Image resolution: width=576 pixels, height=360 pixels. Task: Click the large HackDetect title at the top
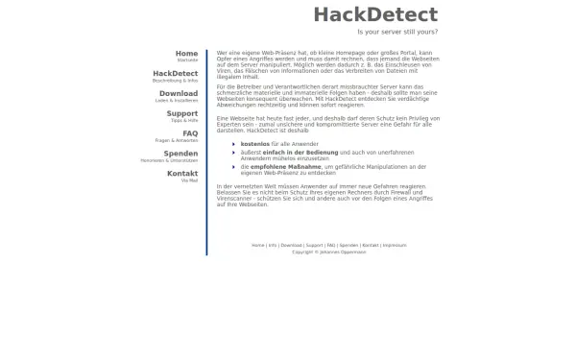(374, 15)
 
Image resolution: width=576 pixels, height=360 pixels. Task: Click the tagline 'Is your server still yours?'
(396, 32)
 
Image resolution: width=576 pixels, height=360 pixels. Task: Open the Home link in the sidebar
(186, 54)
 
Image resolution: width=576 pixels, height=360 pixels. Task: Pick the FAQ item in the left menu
(190, 133)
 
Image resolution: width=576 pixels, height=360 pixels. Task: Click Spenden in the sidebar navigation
(180, 154)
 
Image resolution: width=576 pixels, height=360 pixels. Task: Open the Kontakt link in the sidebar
(182, 174)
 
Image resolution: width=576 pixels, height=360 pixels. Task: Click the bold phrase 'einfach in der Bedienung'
(293, 152)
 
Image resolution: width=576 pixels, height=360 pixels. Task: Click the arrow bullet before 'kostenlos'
(233, 142)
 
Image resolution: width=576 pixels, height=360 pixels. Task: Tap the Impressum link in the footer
(395, 245)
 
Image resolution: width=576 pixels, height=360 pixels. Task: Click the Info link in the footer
(273, 245)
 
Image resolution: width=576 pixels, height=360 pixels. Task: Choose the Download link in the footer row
(291, 245)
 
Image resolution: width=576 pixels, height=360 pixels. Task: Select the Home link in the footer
(257, 245)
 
